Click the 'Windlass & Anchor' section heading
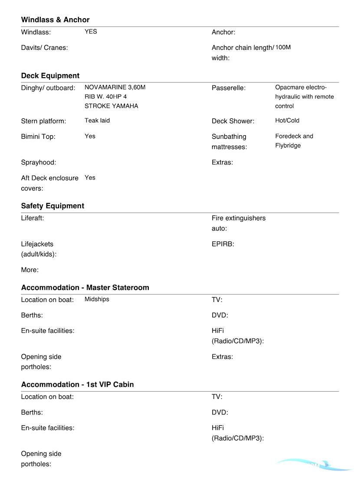[55, 20]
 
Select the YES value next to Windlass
[91, 32]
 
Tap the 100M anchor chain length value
[283, 47]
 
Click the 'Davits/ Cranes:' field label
[44, 48]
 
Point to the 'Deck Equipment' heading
[50, 76]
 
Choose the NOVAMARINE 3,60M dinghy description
[115, 97]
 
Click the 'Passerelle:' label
[229, 88]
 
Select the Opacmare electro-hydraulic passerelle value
[304, 97]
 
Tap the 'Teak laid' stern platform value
[97, 121]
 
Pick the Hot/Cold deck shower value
[287, 121]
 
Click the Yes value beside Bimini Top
[90, 136]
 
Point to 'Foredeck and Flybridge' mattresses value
[294, 141]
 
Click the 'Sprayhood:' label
[39, 163]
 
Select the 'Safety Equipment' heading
[52, 206]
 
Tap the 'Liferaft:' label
[33, 218]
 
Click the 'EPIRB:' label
[223, 244]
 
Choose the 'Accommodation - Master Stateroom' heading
[85, 288]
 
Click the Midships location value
[97, 299]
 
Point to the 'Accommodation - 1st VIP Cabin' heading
[77, 385]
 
